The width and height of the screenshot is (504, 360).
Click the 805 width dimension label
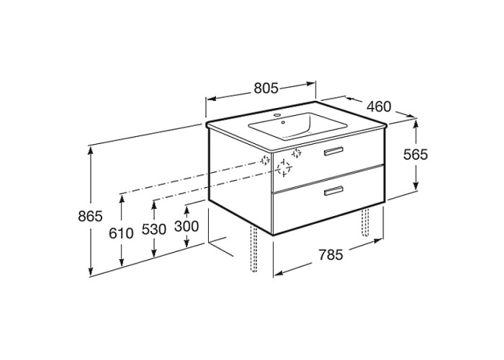266,88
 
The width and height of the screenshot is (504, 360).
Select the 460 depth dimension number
379,107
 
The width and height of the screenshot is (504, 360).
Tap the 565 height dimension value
415,155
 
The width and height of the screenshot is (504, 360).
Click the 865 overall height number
90,216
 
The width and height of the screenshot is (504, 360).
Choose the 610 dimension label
121,233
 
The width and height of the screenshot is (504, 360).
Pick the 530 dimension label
154,229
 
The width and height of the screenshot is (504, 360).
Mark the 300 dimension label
186,226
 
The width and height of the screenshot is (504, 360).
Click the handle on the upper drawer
333,151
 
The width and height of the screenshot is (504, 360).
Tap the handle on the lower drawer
333,191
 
